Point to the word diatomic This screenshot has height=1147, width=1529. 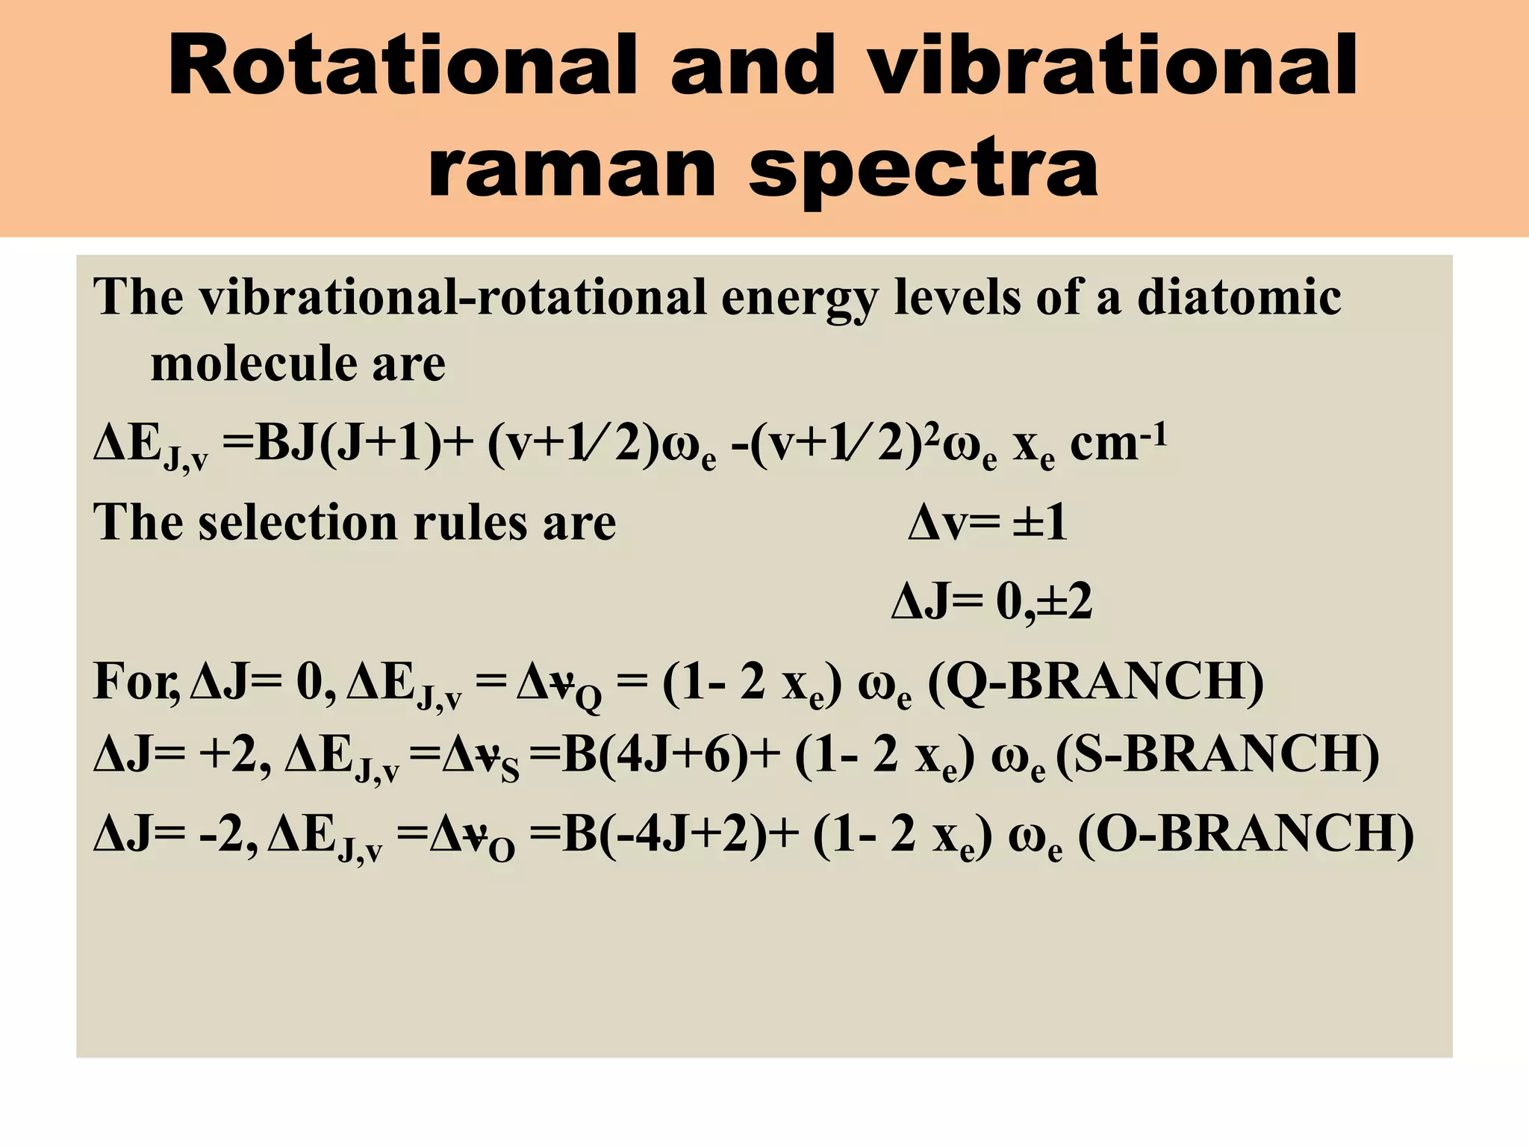(1239, 297)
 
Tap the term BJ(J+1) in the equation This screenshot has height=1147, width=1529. (348, 444)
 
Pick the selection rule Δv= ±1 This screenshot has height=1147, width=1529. (987, 523)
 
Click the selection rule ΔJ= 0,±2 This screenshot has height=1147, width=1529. (991, 602)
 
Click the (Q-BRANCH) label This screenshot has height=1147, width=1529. (1095, 682)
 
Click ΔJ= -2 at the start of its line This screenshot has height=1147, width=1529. (175, 834)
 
